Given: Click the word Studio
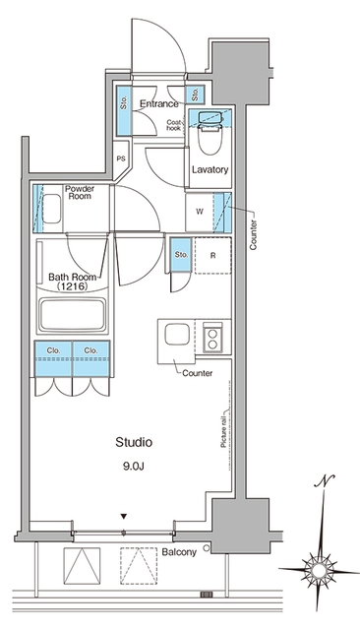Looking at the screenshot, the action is [x=134, y=442].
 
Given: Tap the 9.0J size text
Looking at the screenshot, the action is [x=134, y=466].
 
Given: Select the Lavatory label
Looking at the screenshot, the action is [x=210, y=169].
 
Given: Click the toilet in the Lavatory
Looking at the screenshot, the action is [x=210, y=138].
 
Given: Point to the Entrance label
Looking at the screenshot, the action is [x=159, y=104].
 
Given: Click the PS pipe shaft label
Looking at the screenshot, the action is [x=121, y=158].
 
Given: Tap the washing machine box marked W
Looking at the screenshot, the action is [x=200, y=213].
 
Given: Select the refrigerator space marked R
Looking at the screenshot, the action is [x=212, y=256].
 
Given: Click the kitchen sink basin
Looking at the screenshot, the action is [x=177, y=335].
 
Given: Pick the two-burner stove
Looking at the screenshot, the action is [x=212, y=337].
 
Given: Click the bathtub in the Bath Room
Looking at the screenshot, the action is [x=72, y=314].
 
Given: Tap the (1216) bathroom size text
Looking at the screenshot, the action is [x=72, y=286].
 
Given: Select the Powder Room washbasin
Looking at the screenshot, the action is [x=51, y=209].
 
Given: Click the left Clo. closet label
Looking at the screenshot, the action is [x=53, y=350].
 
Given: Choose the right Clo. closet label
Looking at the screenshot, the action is [x=90, y=350].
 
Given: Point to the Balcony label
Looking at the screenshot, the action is [x=179, y=552].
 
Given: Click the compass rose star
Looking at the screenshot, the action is [x=320, y=570].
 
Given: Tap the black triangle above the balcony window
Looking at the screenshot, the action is [x=124, y=516].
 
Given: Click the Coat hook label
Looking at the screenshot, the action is [x=174, y=125].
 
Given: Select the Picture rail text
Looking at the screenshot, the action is [x=224, y=428].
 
